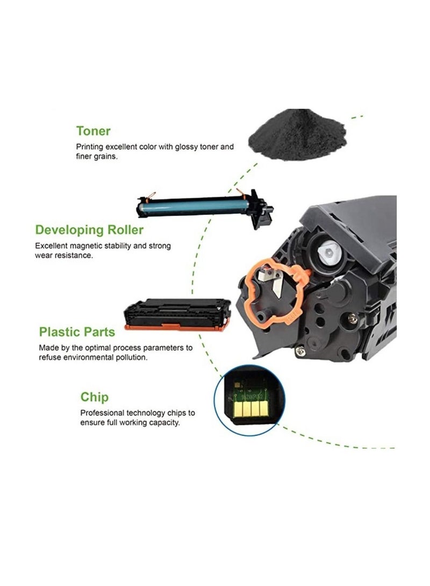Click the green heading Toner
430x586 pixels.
click(x=94, y=131)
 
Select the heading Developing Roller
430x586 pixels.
click(x=89, y=230)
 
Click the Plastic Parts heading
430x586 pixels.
click(x=77, y=332)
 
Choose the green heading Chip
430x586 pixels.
click(x=95, y=397)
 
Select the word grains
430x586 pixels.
click(x=109, y=157)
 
